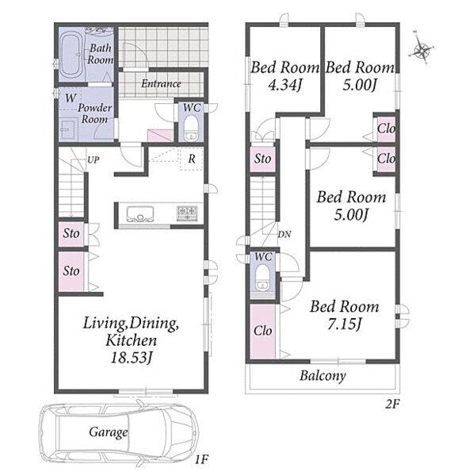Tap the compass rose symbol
click(422, 48)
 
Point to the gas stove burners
click(187, 212)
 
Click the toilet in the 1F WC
click(191, 129)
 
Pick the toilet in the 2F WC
click(262, 278)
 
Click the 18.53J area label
click(132, 358)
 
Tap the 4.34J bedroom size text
click(285, 86)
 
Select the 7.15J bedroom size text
click(344, 324)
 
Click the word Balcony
click(323, 376)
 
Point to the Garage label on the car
click(109, 432)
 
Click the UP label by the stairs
click(93, 159)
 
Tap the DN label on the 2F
click(284, 234)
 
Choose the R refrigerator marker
click(192, 159)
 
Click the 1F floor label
click(201, 459)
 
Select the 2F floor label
click(392, 404)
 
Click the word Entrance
click(162, 84)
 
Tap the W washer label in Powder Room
click(71, 98)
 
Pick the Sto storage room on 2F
click(263, 159)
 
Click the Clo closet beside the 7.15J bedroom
click(263, 331)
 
